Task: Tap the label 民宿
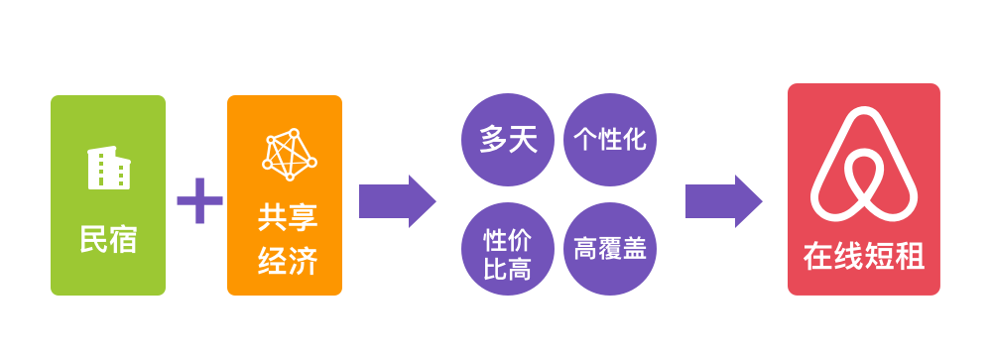(x=108, y=239)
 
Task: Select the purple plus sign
(x=199, y=201)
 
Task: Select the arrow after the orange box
(x=397, y=200)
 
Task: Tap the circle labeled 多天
(x=508, y=140)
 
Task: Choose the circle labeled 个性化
(x=609, y=140)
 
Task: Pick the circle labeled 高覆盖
(x=609, y=247)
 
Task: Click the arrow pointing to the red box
(x=723, y=200)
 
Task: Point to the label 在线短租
(x=863, y=257)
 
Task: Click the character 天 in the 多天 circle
(x=523, y=140)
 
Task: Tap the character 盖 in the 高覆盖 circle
(x=634, y=247)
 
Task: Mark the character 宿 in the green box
(x=123, y=239)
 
